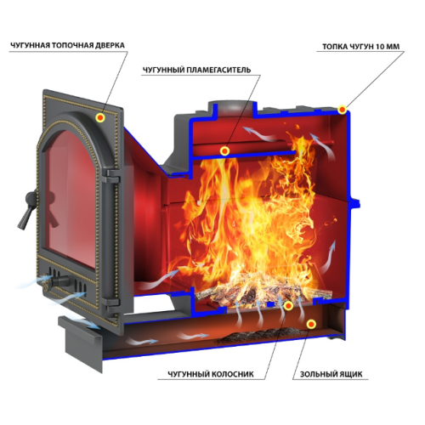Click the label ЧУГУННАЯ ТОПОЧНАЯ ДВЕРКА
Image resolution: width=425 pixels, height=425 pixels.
point(67,45)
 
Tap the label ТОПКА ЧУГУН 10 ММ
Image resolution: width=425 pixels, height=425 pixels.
point(360,47)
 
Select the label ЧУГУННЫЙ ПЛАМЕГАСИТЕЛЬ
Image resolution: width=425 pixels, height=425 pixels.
point(196,70)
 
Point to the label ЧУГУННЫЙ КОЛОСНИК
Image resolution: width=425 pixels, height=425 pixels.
point(211,374)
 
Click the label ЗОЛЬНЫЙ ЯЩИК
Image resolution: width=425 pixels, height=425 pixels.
point(331,374)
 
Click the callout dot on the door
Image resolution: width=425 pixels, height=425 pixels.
point(100,117)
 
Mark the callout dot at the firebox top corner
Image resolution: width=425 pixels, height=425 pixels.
point(343,110)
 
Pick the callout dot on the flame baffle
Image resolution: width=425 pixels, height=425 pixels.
point(224,150)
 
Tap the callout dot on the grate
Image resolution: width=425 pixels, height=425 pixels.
point(288,306)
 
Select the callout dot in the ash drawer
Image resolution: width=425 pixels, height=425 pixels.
point(312,324)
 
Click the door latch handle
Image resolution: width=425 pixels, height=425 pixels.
point(27,210)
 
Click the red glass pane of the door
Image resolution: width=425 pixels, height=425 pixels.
point(71,198)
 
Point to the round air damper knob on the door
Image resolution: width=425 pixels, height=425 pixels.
point(58,281)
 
